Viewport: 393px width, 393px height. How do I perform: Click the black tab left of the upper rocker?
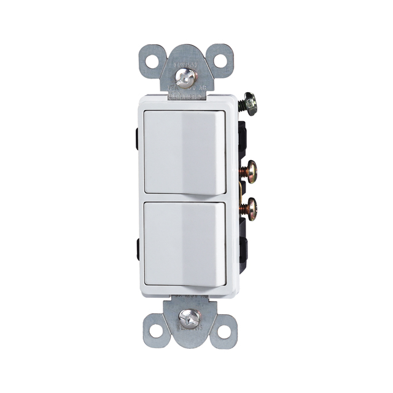coord(137,130)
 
